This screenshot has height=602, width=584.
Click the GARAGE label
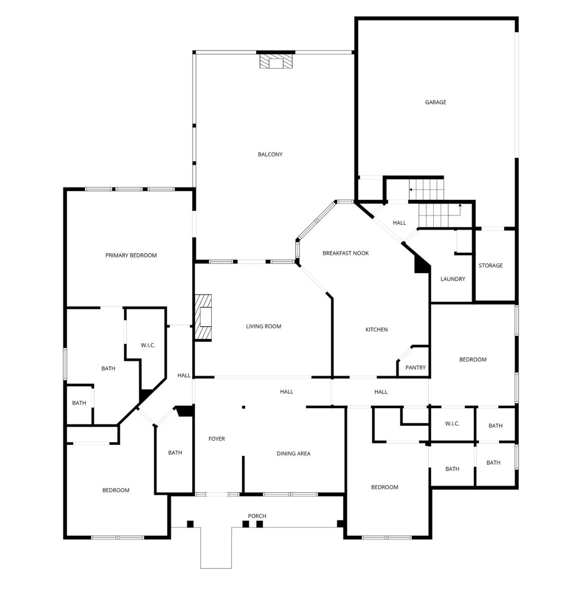pyautogui.click(x=435, y=102)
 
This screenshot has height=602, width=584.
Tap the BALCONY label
pyautogui.click(x=270, y=154)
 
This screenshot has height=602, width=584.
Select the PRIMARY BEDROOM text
pyautogui.click(x=131, y=255)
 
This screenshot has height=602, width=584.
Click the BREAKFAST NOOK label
pyautogui.click(x=345, y=253)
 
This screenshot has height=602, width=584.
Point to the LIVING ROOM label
pyautogui.click(x=264, y=326)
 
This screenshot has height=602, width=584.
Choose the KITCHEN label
pyautogui.click(x=376, y=329)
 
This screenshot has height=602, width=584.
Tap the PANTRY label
pyautogui.click(x=415, y=367)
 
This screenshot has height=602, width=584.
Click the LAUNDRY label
pyautogui.click(x=453, y=279)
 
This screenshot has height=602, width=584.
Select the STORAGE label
pyautogui.click(x=491, y=266)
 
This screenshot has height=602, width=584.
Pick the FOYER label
pyautogui.click(x=217, y=439)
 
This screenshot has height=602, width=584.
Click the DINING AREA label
pyautogui.click(x=293, y=454)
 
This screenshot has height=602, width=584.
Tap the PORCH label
pyautogui.click(x=257, y=516)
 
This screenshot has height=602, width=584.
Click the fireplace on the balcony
pyautogui.click(x=276, y=61)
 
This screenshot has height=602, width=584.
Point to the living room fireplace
pyautogui.click(x=203, y=317)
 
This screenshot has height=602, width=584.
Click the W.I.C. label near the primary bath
pyautogui.click(x=148, y=345)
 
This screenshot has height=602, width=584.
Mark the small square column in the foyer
pyautogui.click(x=244, y=407)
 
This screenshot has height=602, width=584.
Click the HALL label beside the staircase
pyautogui.click(x=399, y=223)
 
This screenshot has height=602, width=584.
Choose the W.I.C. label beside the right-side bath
pyautogui.click(x=452, y=423)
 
